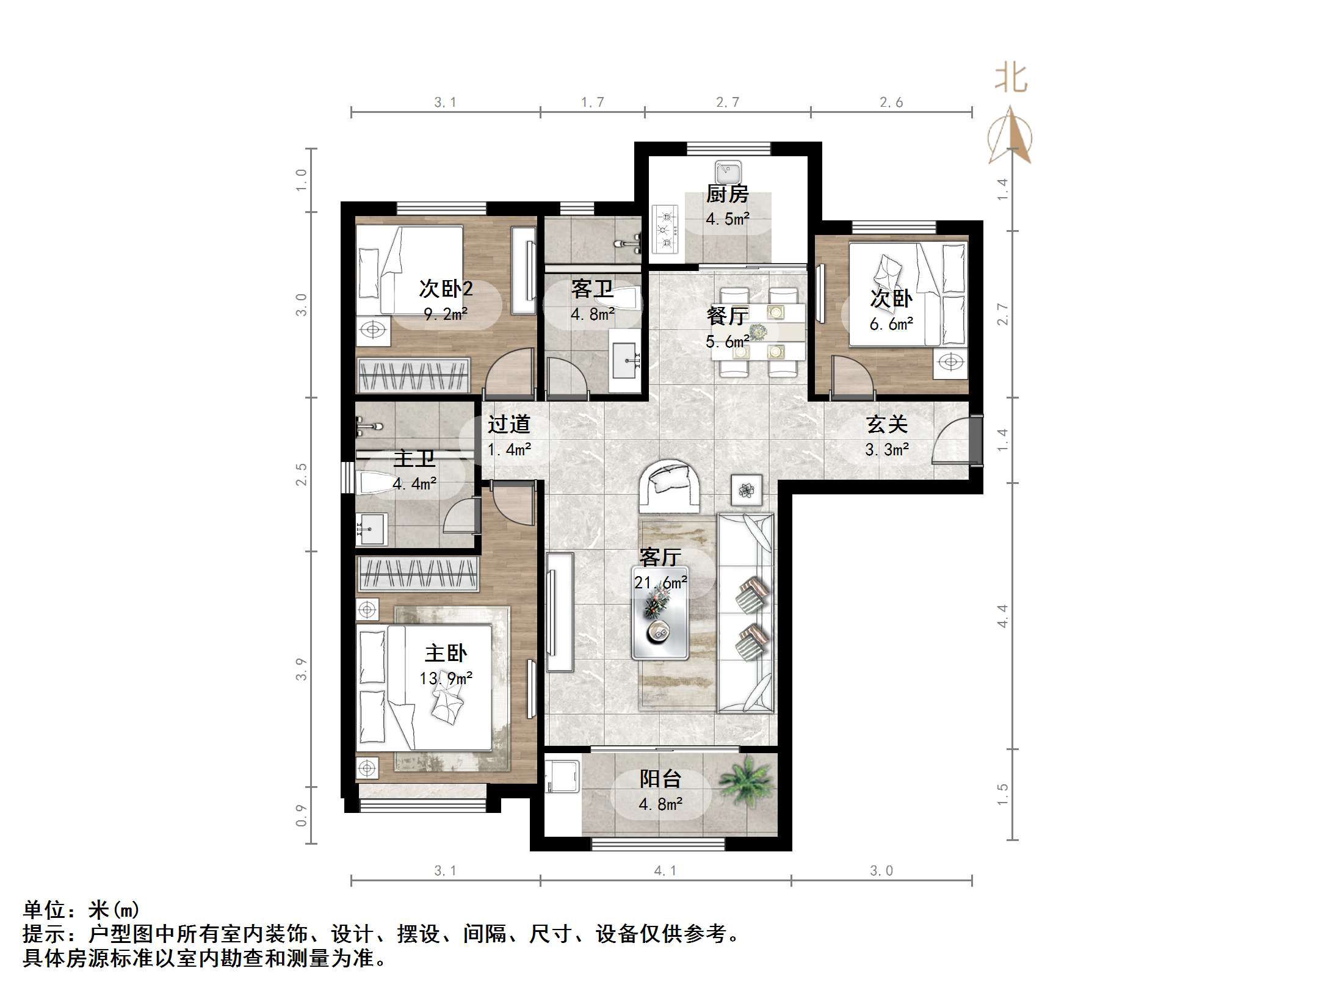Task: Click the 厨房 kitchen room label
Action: pyautogui.click(x=727, y=194)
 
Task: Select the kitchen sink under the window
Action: pyautogui.click(x=728, y=172)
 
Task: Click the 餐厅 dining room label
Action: pyautogui.click(x=726, y=316)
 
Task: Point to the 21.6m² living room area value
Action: pyautogui.click(x=660, y=583)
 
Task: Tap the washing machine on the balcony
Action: pyautogui.click(x=562, y=775)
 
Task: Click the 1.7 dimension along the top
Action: pyautogui.click(x=592, y=103)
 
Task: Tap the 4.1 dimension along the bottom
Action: pyautogui.click(x=665, y=871)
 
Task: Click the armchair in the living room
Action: pyautogui.click(x=669, y=485)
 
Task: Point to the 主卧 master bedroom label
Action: pyautogui.click(x=446, y=654)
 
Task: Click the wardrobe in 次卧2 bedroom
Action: pyautogui.click(x=413, y=375)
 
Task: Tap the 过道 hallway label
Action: pyautogui.click(x=508, y=424)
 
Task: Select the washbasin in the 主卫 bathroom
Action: pyautogui.click(x=371, y=529)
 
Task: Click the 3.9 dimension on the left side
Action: pyautogui.click(x=301, y=669)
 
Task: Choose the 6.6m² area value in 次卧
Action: pyautogui.click(x=891, y=324)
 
